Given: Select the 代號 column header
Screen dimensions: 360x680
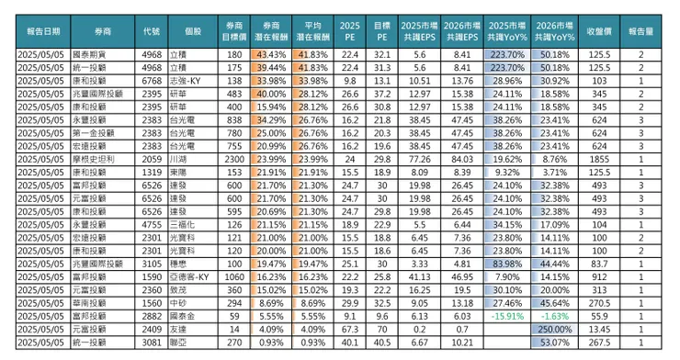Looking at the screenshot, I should (152, 30).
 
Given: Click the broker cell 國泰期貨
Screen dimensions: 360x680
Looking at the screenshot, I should (100, 55).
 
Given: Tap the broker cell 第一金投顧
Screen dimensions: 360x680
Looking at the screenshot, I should (100, 131).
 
